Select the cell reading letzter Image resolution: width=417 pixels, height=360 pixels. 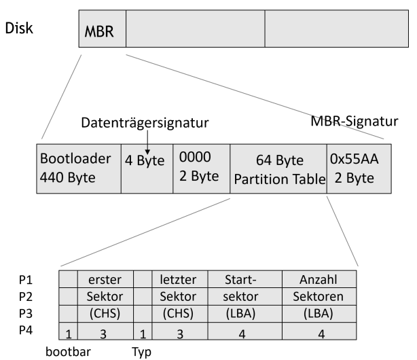[180, 279]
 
